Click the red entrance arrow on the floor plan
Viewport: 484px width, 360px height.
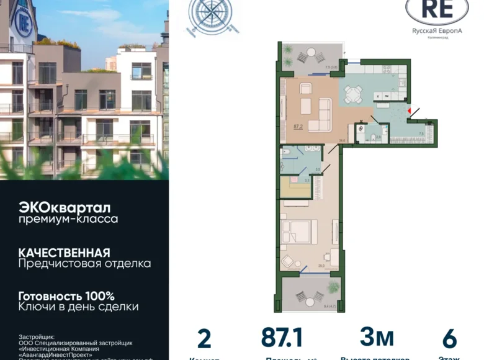click(x=409, y=111)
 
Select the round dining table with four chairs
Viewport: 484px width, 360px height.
click(x=354, y=94)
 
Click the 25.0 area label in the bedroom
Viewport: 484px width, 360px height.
click(x=321, y=266)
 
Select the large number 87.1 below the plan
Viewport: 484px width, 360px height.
click(x=282, y=338)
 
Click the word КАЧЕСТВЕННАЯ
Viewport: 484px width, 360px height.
click(x=64, y=253)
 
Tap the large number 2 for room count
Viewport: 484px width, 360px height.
click(x=204, y=339)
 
